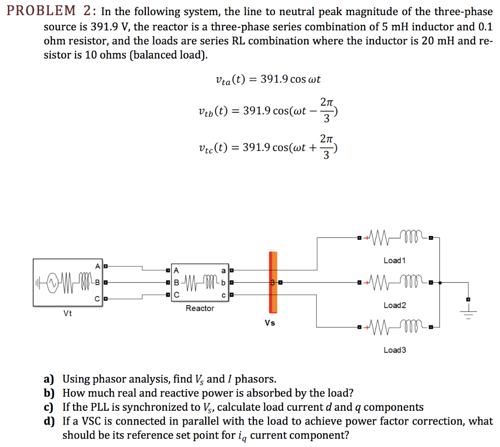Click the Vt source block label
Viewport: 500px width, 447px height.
tap(67, 314)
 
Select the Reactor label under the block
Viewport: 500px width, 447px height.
tap(199, 308)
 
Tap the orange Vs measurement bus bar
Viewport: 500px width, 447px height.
tap(273, 282)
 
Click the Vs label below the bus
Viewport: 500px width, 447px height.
tap(270, 323)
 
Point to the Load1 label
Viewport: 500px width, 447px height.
tap(395, 260)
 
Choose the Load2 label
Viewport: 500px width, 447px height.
tap(395, 305)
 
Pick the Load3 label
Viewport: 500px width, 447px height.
tap(395, 350)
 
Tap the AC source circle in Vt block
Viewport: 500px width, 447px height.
tap(50, 282)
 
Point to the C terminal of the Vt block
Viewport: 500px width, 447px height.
tap(98, 298)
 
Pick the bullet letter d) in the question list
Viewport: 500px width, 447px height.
tap(48, 421)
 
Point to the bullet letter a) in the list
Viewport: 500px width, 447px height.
tap(48, 379)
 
